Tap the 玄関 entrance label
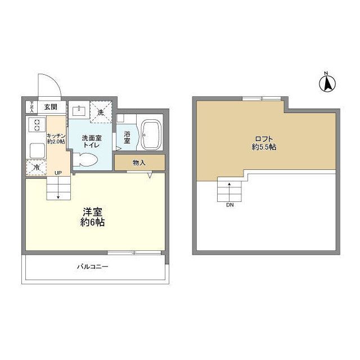(x=50, y=106)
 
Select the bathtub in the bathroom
(x=151, y=135)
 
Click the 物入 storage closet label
(x=139, y=163)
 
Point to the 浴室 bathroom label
(x=127, y=138)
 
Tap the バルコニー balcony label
(x=93, y=267)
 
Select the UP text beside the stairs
(x=58, y=172)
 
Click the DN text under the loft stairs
(x=229, y=205)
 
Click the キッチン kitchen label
(x=56, y=138)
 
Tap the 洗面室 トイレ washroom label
(x=91, y=141)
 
